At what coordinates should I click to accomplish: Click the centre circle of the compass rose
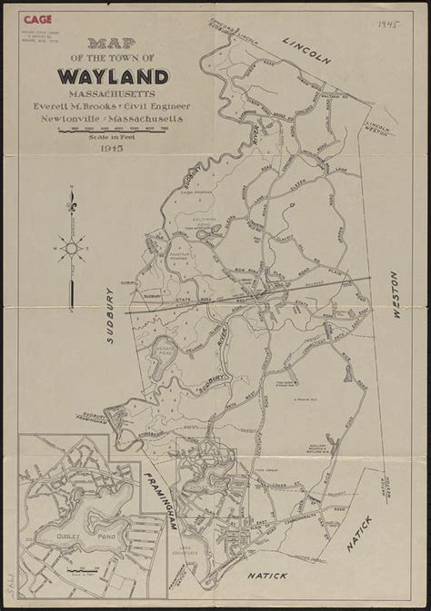[x=71, y=244]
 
